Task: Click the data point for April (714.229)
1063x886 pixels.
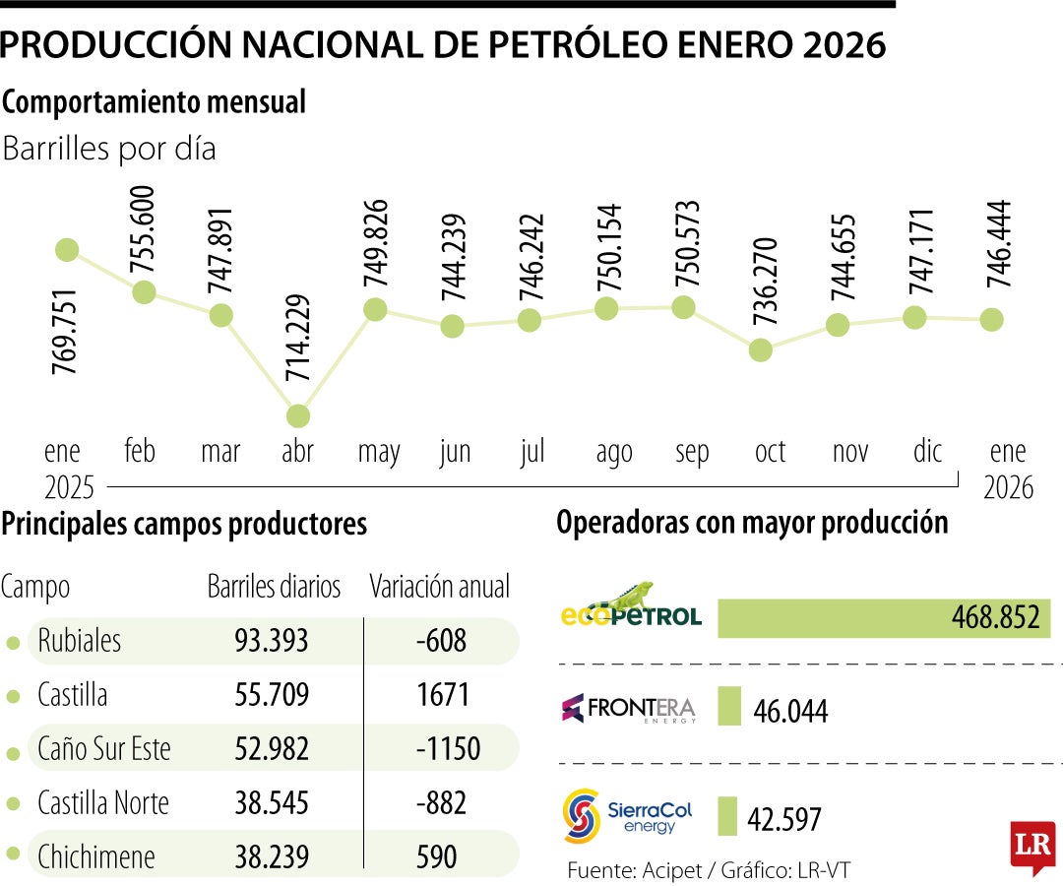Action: click(x=297, y=416)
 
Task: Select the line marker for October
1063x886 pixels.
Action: click(x=760, y=349)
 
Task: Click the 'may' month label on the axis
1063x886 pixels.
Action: click(x=379, y=452)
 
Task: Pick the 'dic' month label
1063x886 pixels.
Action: click(x=927, y=451)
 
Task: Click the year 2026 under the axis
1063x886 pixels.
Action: click(x=1009, y=486)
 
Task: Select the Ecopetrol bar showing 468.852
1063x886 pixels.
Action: click(x=884, y=618)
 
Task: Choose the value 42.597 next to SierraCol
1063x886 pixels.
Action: click(x=784, y=818)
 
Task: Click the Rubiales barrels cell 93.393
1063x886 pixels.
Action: click(x=272, y=642)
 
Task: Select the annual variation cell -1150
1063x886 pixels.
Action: click(x=448, y=748)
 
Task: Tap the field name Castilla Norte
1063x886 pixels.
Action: click(x=103, y=802)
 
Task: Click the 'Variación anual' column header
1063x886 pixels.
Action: click(x=440, y=588)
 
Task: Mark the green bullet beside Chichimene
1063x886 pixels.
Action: click(x=13, y=856)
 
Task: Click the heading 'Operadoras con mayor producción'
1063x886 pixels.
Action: click(x=752, y=523)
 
